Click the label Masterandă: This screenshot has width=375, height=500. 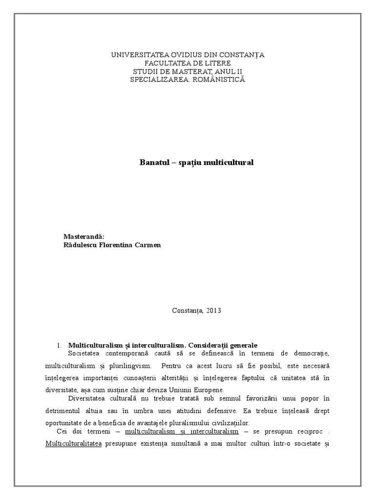(84, 237)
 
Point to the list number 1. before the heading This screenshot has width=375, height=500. (60, 345)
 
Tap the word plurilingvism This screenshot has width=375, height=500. (118, 366)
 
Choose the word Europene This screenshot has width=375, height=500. (210, 390)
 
